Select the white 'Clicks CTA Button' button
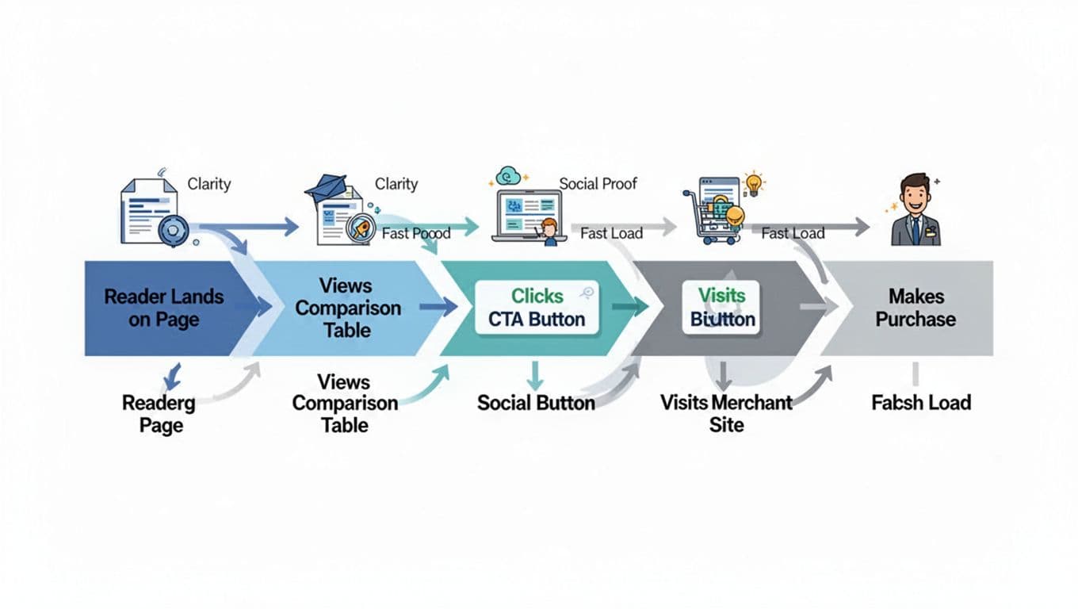coord(537,308)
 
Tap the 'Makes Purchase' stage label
coord(916,308)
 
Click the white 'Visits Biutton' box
coord(721,308)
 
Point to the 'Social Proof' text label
coord(598,184)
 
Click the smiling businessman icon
coord(916,209)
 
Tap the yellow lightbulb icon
coord(753,182)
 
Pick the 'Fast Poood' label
coord(415,233)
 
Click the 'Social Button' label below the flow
coord(536,403)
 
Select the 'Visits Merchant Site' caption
coord(726,413)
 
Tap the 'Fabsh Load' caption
coord(921,403)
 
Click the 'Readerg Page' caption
coord(158,413)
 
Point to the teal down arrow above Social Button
coord(535,375)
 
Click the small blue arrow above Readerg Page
coord(171,376)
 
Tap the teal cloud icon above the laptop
coord(507,176)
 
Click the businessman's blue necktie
coord(916,231)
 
